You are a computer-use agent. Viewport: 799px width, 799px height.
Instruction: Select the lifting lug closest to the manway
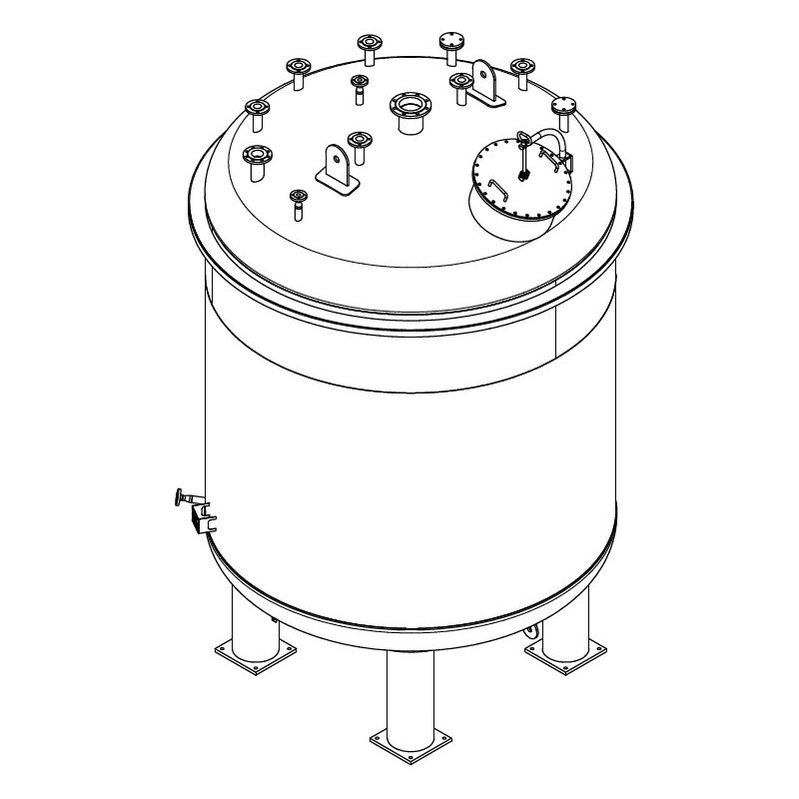[487, 84]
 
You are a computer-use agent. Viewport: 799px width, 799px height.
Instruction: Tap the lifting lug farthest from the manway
[337, 166]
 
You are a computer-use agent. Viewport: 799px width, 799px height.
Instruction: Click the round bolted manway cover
[520, 184]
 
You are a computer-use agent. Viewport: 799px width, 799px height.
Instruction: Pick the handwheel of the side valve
[179, 495]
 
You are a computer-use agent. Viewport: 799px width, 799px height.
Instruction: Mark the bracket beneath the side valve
[204, 518]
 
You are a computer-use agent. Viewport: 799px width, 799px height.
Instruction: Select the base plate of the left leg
[256, 656]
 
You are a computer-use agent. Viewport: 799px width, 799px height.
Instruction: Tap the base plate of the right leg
[560, 653]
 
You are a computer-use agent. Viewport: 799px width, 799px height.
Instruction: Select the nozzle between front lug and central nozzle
[358, 144]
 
